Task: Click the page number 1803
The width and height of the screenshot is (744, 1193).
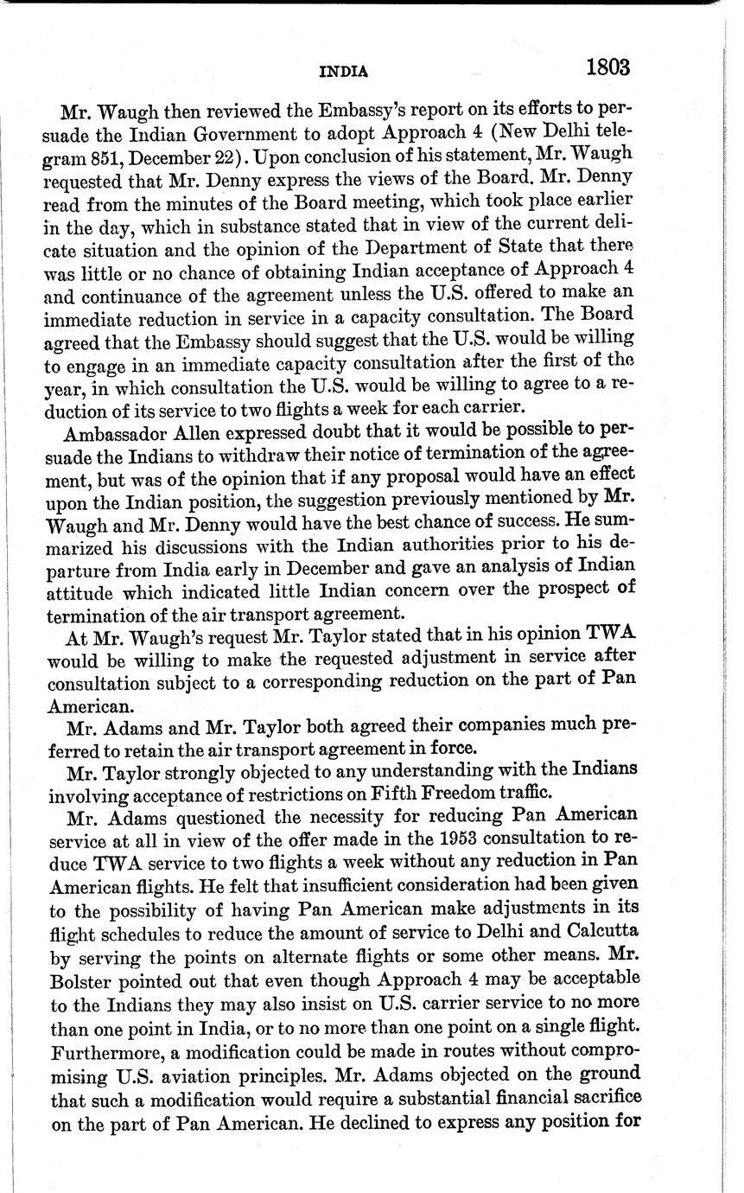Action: (607, 67)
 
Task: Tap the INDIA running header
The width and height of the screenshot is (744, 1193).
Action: (343, 73)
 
